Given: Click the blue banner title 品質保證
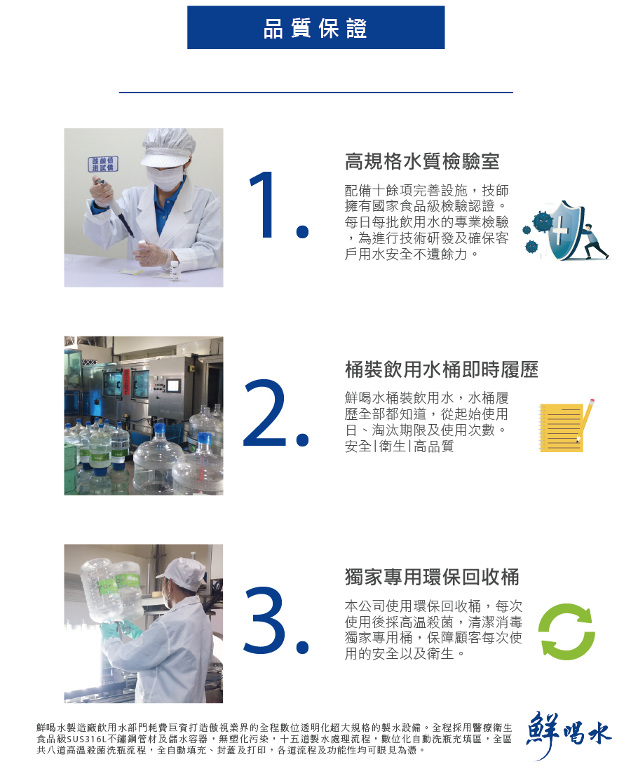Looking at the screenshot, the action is (x=315, y=28).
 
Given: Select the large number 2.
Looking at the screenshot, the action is (x=276, y=413).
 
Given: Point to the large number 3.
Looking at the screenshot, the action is (x=276, y=620).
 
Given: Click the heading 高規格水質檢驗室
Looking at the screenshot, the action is (x=422, y=161).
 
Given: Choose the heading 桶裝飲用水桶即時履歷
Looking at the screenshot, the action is (x=442, y=369).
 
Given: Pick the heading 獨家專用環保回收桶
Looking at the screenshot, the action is (x=432, y=577).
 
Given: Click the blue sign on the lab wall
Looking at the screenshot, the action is (x=103, y=164).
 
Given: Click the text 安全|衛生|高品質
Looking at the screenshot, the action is (x=399, y=446).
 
